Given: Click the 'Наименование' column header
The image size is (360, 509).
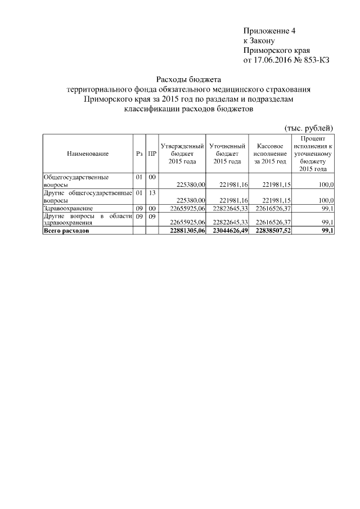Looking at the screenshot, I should pos(87,153).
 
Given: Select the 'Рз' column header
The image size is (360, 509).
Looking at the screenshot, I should pos(138,153).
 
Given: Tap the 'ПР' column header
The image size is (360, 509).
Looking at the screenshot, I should pos(152,153).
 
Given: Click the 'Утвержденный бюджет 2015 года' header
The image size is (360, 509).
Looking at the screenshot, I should pos(182,153).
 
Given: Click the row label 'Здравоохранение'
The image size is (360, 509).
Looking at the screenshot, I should pos(69,208).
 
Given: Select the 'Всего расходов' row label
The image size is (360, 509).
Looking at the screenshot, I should pos(66,231).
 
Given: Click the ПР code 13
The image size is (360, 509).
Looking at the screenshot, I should pos(152,192).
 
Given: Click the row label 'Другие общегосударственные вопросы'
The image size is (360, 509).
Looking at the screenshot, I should pos(87,196).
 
